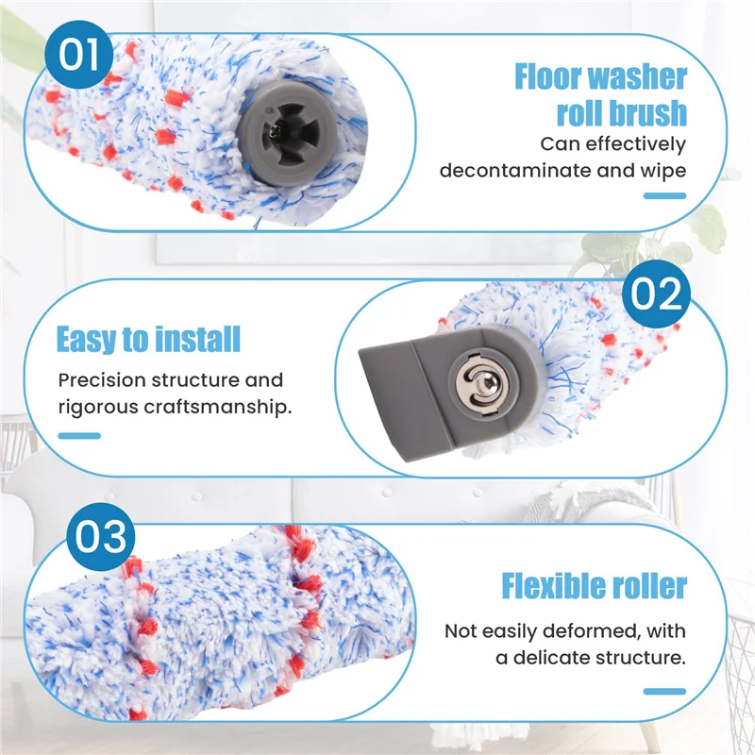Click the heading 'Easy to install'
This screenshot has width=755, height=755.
(148, 339)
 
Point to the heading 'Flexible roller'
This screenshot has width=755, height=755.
(595, 585)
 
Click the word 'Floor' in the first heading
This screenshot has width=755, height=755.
(557, 77)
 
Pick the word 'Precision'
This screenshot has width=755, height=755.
(99, 380)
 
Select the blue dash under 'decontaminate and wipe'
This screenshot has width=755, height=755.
(664, 196)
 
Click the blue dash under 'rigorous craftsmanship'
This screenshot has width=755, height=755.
(78, 435)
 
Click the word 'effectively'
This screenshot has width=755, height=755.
(637, 144)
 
